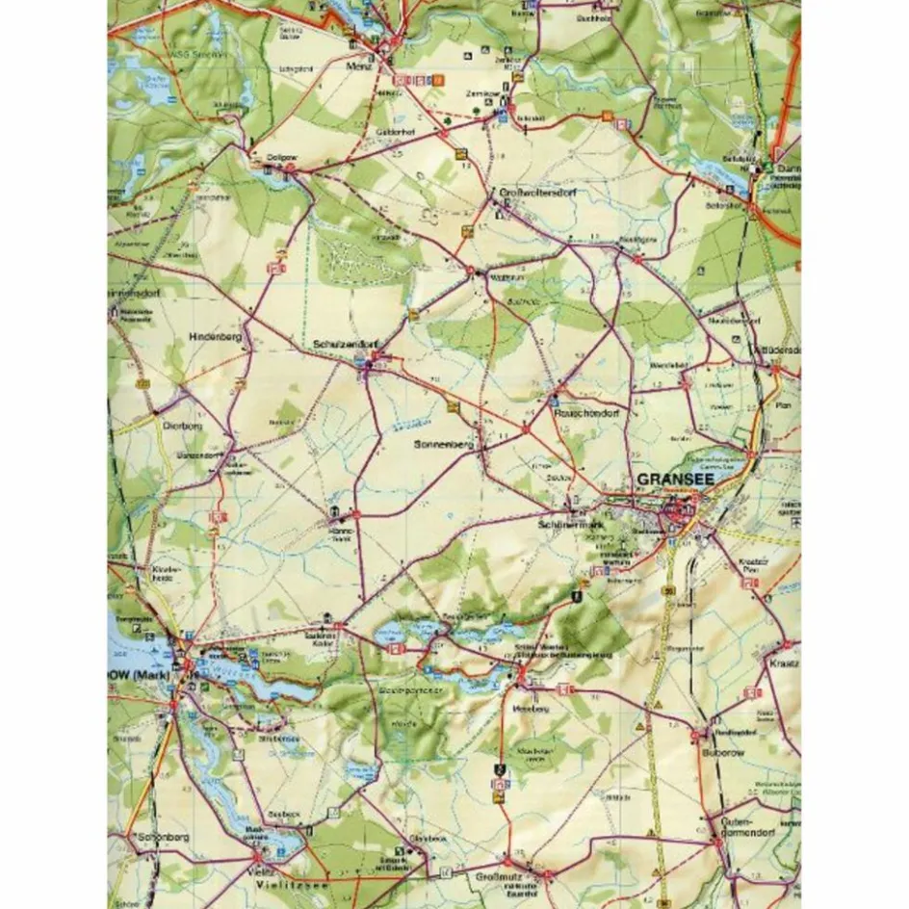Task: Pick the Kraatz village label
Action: point(779,664)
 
